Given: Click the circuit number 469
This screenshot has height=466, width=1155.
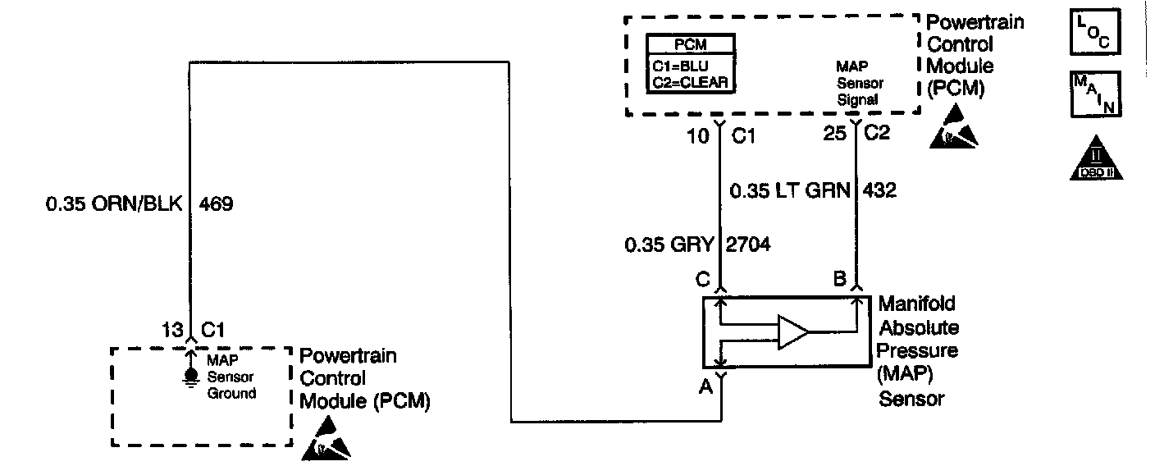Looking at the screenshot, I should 216,204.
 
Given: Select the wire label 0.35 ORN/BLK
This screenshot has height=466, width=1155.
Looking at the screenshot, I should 115,204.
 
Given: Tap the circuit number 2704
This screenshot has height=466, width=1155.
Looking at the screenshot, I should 748,244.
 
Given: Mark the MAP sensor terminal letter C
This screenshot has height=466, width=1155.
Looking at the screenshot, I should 703,279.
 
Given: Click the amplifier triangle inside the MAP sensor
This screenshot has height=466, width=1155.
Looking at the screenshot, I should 792,331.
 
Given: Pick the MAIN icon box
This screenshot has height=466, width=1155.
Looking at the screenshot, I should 1095,94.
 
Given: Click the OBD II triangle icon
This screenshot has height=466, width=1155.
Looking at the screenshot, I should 1095,158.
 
